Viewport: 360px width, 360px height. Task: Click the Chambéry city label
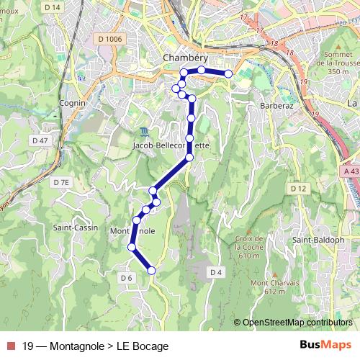185,58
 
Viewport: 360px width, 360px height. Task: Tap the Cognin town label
73,103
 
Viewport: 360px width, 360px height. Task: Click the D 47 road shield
40,140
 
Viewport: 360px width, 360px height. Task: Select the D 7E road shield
62,183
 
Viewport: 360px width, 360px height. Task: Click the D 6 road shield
127,278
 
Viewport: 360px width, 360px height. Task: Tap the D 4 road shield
215,271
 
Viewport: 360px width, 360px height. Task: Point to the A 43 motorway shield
351,171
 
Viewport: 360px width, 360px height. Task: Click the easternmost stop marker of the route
228,73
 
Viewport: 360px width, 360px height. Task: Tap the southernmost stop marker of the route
151,270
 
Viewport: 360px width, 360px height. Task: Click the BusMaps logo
325,345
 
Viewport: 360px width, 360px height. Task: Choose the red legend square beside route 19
9,346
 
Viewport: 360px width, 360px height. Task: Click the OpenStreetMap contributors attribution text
297,322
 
